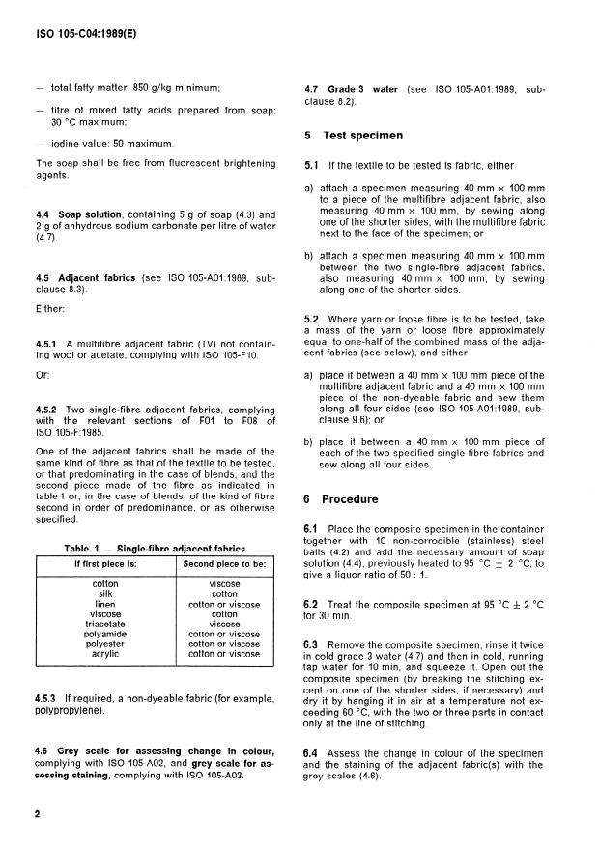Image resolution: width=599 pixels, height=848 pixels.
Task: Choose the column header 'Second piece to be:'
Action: (224, 563)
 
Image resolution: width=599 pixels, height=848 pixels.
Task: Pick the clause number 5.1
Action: (311, 166)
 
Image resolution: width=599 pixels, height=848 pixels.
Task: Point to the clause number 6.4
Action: (312, 750)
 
